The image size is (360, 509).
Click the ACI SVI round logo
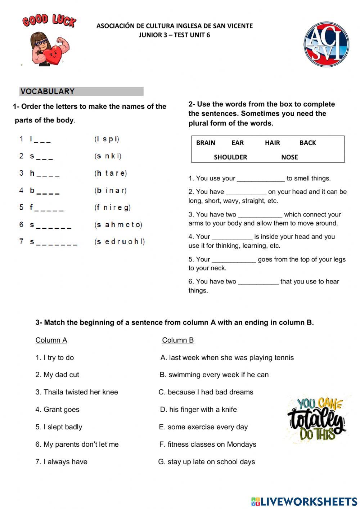[326, 45]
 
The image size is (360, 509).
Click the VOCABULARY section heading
[48, 91]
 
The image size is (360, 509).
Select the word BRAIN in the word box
[206, 143]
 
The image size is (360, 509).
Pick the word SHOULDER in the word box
[230, 157]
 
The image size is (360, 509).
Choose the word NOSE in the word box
[289, 157]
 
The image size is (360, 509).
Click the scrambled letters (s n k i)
[108, 156]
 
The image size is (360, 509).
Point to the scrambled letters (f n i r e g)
[112, 207]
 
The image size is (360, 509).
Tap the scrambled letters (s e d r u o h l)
[120, 242]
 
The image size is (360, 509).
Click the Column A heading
[51, 340]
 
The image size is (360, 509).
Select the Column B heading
[178, 340]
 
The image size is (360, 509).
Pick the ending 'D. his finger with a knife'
[198, 410]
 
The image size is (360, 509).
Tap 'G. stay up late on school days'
[207, 462]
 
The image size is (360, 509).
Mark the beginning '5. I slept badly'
[59, 427]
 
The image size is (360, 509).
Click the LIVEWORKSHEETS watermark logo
[304, 501]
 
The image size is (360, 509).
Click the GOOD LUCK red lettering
[49, 21]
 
